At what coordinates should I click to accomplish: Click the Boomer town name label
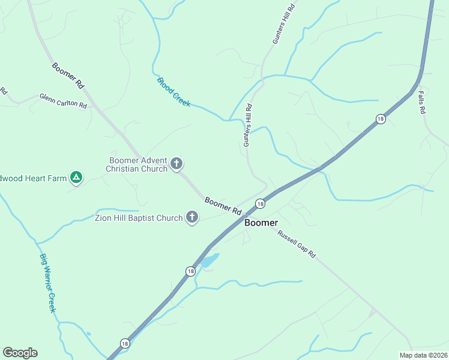point(261,223)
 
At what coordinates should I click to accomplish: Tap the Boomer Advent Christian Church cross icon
point(176,163)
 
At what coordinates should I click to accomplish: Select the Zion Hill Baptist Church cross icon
point(192,217)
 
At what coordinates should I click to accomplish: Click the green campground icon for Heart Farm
point(76,177)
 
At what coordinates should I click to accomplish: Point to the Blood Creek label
point(173,92)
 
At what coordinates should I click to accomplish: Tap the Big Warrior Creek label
point(47,283)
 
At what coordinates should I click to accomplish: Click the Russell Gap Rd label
point(296,244)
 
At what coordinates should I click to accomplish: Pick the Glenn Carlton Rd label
point(63,100)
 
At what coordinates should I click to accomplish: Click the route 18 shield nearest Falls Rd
point(381,119)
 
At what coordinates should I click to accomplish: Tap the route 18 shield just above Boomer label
point(259,204)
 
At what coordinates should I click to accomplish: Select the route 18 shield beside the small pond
point(190,271)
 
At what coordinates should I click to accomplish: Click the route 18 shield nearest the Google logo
point(124,343)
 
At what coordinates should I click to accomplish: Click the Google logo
point(20,352)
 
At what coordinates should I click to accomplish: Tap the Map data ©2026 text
point(424,355)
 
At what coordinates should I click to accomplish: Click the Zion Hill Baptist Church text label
point(139,218)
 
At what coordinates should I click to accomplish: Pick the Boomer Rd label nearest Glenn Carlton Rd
point(67,76)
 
